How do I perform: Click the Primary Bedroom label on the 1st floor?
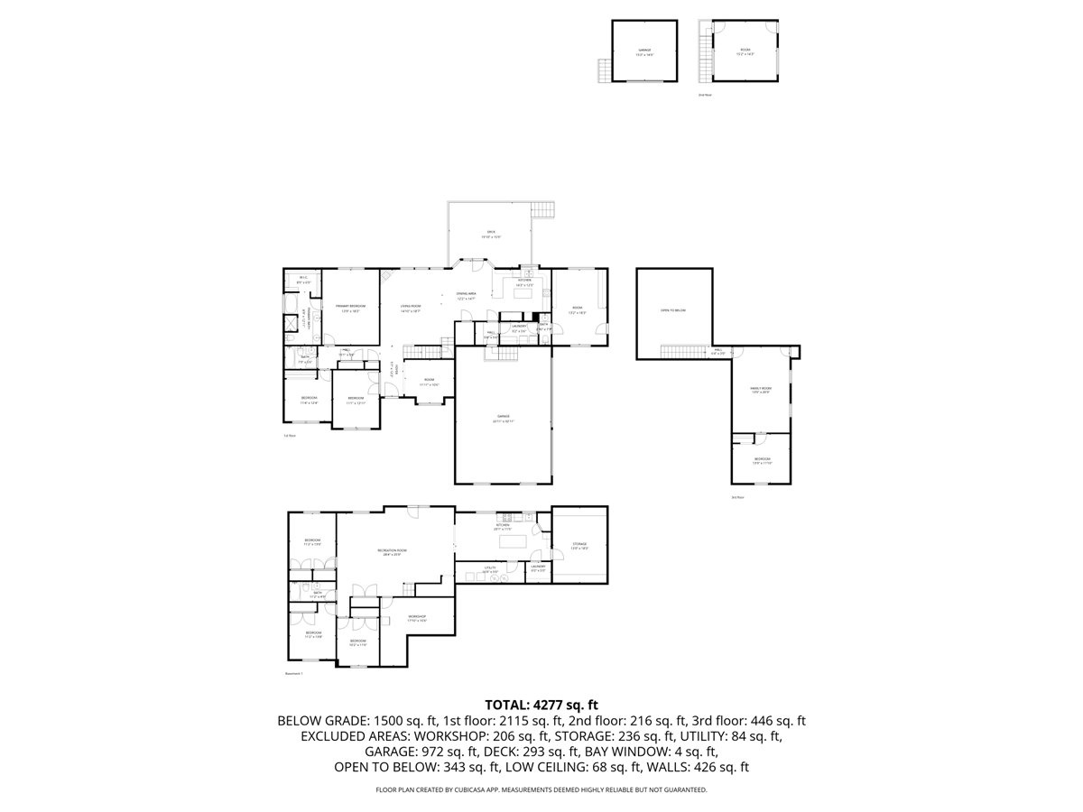pos(350,307)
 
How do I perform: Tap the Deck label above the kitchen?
pos(491,233)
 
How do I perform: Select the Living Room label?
pos(411,307)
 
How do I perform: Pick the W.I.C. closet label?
pos(303,279)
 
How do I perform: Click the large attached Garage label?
pos(503,418)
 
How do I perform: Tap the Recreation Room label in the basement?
pos(393,551)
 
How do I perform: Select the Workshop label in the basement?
pos(416,617)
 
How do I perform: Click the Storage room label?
pos(579,545)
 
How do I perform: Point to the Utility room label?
pos(490,568)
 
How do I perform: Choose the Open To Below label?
pos(672,310)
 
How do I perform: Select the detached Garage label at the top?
pos(644,51)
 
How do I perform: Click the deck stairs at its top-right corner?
pos(542,210)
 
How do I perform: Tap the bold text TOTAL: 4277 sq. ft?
pos(541,705)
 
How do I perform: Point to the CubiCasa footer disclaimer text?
pos(541,789)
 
